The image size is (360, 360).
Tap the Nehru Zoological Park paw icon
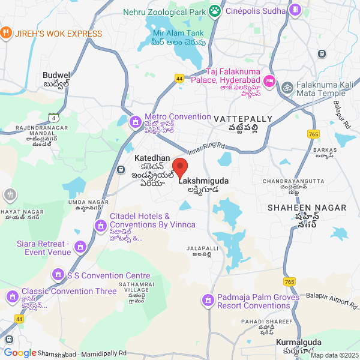pos(215,11)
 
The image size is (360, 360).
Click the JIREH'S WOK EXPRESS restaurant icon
pos(6,33)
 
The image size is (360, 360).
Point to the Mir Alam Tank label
pos(178,33)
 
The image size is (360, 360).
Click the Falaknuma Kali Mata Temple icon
pos(288,87)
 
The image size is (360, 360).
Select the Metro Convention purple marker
pos(136,123)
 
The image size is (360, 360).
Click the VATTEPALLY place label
pos(242,119)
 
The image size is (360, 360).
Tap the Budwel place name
pos(57,76)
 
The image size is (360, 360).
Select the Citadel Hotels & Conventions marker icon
pos(100,226)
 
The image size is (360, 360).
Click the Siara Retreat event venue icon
pos(79,246)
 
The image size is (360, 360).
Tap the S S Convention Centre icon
pos(58,275)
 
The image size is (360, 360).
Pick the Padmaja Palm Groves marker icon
pos(208,299)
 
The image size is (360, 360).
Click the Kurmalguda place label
pos(299,343)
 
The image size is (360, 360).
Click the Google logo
pos(20,353)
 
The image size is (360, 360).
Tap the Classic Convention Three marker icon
pos(11,296)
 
